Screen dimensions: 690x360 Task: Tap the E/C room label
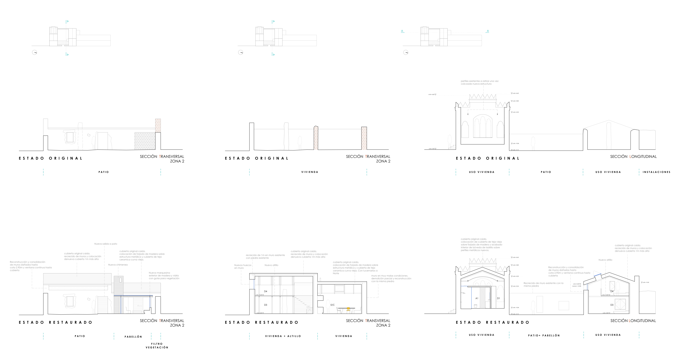coord(332,305)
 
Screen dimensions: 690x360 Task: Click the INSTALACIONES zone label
coord(656,172)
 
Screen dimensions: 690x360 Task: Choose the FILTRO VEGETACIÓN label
coord(157,346)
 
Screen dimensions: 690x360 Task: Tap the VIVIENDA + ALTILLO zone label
coord(283,336)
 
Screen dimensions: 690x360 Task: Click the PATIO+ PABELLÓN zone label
coord(544,335)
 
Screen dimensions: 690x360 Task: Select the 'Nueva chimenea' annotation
coord(118,265)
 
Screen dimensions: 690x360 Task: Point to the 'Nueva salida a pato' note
coord(106,244)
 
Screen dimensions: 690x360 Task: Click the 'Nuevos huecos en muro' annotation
coord(243,266)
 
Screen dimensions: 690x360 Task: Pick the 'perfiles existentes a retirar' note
coord(479,82)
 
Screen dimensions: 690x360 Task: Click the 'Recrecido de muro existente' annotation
coord(543,284)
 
